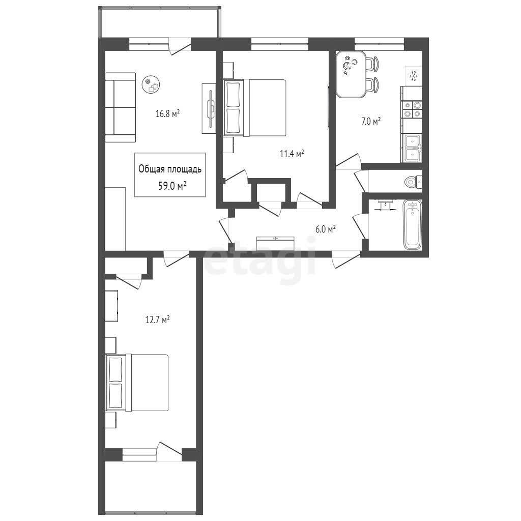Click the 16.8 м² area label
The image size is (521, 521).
[167, 114]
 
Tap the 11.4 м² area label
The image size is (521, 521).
[292, 154]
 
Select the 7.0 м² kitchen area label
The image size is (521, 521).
[371, 121]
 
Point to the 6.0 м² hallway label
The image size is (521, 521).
[325, 229]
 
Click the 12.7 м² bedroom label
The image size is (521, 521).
[158, 320]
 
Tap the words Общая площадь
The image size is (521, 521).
[170, 169]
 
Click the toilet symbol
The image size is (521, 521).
[413, 182]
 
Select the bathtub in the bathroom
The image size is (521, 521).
[412, 224]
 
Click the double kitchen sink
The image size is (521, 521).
[412, 148]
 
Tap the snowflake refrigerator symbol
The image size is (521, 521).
[413, 76]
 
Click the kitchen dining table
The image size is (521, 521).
[351, 74]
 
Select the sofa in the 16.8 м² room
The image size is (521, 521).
[120, 108]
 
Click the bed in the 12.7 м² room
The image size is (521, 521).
[137, 383]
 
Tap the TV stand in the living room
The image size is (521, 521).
[209, 108]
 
